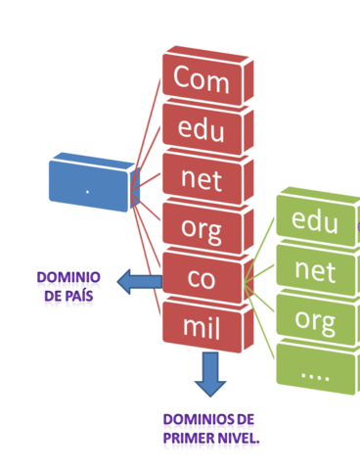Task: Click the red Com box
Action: click(202, 79)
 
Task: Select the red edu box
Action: click(202, 129)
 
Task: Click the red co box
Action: click(202, 278)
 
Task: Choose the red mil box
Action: click(202, 326)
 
